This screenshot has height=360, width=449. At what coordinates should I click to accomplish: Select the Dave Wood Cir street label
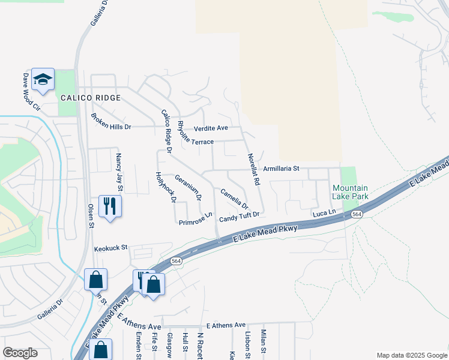tap(31, 92)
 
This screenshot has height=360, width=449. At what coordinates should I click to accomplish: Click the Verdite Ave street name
tap(211, 128)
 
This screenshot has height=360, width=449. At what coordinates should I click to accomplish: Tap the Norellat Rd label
tap(254, 169)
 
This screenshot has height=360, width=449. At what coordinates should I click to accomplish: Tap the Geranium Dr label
tap(188, 187)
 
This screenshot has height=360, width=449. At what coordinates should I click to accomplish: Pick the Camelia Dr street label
tap(234, 199)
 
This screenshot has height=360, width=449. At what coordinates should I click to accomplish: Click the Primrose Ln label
tap(196, 219)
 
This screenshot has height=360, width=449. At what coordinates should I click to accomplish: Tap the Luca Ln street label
tap(322, 214)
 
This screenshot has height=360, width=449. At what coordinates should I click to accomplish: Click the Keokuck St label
tap(111, 247)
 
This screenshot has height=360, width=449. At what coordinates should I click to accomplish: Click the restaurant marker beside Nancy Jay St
tap(110, 206)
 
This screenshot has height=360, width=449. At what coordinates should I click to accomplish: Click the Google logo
tap(20, 353)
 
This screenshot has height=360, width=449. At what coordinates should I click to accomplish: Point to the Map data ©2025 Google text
tap(411, 355)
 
